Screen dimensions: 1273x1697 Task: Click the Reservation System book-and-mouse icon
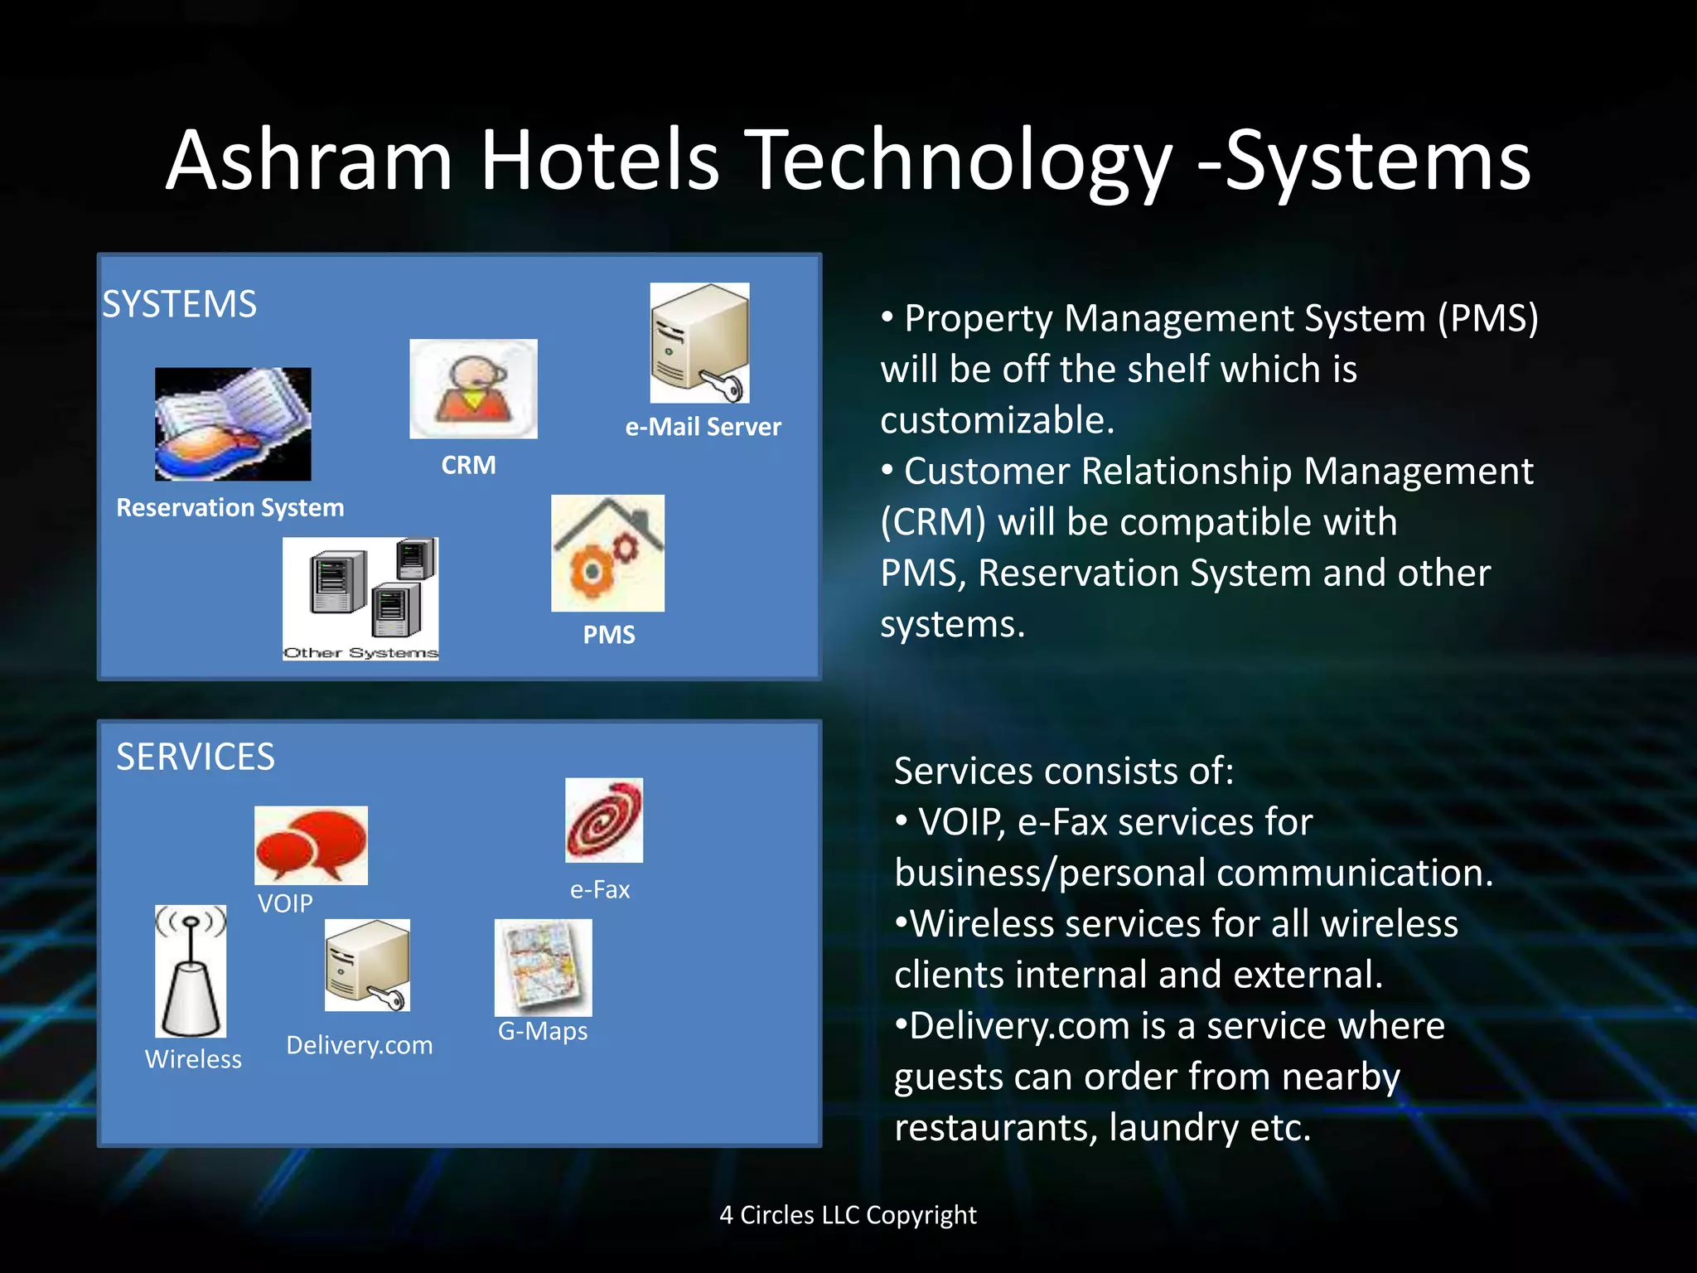(x=233, y=424)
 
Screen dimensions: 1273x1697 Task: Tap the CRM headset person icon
(x=473, y=388)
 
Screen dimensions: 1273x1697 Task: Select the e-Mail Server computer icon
(x=699, y=342)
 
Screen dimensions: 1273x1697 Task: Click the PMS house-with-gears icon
(x=607, y=553)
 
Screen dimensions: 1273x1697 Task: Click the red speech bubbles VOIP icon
(x=311, y=845)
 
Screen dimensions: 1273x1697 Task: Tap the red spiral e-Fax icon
(x=603, y=820)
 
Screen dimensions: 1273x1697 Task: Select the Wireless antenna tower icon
(x=191, y=970)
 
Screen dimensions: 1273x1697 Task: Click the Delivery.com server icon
(x=367, y=965)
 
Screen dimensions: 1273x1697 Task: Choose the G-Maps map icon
(x=543, y=967)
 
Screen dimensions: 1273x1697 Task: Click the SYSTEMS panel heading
(x=179, y=304)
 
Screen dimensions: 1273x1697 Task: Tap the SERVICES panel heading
(x=196, y=757)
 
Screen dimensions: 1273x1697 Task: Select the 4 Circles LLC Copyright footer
(x=848, y=1215)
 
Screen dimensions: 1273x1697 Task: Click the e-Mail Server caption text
(x=703, y=427)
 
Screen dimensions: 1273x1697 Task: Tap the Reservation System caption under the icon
(x=230, y=507)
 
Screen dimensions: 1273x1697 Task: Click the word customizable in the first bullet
(x=997, y=420)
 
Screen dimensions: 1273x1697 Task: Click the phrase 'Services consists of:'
(x=1064, y=771)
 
